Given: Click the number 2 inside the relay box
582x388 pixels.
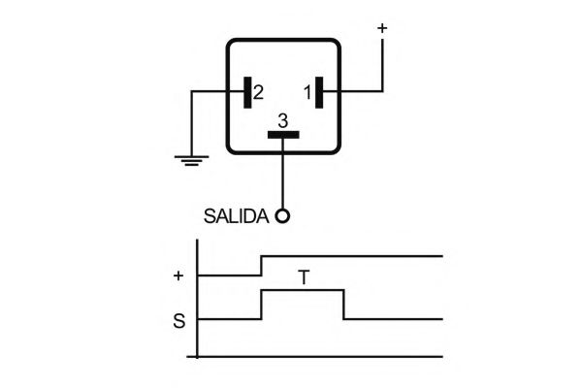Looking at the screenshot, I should coord(258,93).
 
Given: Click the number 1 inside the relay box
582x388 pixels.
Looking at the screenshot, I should coord(307,93).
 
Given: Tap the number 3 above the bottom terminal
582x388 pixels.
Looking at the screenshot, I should coord(282,120).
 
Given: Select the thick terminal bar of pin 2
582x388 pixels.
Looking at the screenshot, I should coord(246,93).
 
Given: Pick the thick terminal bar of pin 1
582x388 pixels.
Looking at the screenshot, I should coord(319,93).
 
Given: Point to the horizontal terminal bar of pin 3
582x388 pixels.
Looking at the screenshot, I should coord(283,134).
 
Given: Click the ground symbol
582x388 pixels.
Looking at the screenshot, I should coord(189,158).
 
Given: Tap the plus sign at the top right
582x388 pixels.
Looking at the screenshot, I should coord(381,28).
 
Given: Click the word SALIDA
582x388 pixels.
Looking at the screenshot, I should coord(236,216).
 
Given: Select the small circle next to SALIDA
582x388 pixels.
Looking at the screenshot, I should coord(282,216).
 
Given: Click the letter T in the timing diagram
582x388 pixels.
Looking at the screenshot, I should coord(304,278).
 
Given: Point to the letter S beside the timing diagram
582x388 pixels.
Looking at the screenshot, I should coord(178,319).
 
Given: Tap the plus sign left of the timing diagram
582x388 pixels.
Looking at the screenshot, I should coord(178,275).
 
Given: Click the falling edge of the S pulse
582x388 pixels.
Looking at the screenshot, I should coord(344,305).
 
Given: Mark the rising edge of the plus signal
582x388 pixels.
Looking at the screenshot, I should coord(261,266).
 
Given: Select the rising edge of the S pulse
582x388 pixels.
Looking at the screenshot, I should coord(261,305).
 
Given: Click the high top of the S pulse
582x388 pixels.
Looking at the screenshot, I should coord(303,290).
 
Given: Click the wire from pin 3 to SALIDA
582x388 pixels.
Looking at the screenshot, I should coord(283,175).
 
